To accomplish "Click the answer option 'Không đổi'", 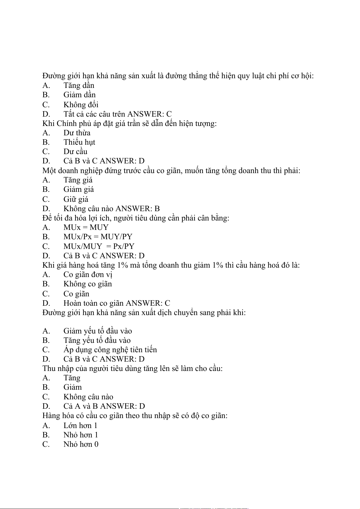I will coord(81,105).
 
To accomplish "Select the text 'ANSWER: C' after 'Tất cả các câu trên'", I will coord(149,114).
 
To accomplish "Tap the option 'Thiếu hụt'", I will coord(79,142).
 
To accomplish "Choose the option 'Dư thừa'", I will coord(77,133).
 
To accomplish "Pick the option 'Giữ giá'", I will coord(76,199).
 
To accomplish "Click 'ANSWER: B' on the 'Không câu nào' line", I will coord(138,209).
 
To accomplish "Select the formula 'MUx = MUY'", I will coord(86,227).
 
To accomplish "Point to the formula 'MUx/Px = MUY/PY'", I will coord(98,237).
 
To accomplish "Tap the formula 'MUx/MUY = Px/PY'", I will coord(99,246).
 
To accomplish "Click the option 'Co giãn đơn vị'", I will coord(88,275).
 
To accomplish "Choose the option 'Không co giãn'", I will coord(88,284).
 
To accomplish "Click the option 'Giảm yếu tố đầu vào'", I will coord(98,331).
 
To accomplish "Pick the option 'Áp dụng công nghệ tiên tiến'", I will coord(110,350).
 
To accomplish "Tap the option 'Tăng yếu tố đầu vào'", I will coord(97,340).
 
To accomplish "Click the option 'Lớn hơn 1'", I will coord(80,426).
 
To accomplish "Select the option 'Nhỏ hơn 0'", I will coord(81,444).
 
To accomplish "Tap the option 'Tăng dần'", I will coord(79,86).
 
